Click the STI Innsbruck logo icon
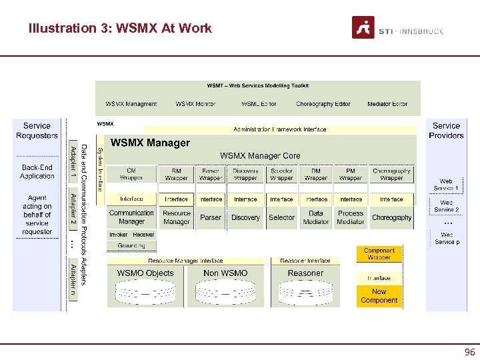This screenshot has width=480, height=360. pos(363,27)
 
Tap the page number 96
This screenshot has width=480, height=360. pos(470,352)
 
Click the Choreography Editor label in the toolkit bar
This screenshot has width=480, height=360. pos(323,104)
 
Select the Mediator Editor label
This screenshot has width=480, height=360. pos(387,104)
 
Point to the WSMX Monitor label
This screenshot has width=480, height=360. pos(195,104)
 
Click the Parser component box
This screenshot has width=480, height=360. pos(211,217)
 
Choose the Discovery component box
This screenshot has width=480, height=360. pos(245,217)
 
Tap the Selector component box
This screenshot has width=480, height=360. pos(281,217)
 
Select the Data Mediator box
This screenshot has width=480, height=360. pos(316,217)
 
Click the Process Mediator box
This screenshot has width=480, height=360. pos(351,217)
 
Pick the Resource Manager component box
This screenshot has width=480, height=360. pos(177,217)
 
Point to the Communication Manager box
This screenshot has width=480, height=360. pos(131,217)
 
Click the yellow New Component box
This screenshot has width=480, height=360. pos(379,296)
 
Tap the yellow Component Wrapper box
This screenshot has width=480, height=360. pos(379,254)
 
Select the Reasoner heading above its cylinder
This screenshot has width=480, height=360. pos(305,273)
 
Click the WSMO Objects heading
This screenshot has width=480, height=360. pos(145,273)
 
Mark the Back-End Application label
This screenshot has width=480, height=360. pos(37,172)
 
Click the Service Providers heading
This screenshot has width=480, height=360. pos(446,131)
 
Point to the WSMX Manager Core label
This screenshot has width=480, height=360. pos(260,155)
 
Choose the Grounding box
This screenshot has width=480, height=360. pos(131,245)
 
